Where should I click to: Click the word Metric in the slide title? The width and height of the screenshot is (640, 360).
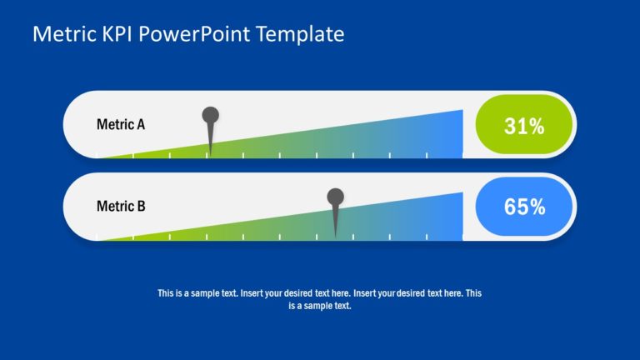pyautogui.click(x=64, y=34)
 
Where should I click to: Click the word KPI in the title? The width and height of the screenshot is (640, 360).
pyautogui.click(x=117, y=34)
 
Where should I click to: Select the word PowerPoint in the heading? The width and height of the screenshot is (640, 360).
pyautogui.click(x=194, y=34)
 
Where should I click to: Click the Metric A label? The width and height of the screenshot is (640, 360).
pyautogui.click(x=121, y=124)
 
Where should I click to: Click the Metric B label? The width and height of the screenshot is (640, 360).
pyautogui.click(x=121, y=206)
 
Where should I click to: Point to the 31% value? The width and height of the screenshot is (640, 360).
pyautogui.click(x=524, y=126)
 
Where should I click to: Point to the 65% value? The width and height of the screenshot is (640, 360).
pyautogui.click(x=524, y=207)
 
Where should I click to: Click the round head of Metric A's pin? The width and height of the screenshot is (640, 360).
pyautogui.click(x=211, y=116)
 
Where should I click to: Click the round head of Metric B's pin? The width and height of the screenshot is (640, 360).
pyautogui.click(x=336, y=197)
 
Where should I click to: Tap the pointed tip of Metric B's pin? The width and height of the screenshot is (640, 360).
pyautogui.click(x=336, y=237)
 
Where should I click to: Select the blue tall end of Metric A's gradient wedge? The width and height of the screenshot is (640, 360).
pyautogui.click(x=457, y=135)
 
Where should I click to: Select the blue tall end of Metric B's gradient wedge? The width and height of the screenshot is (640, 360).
pyautogui.click(x=457, y=217)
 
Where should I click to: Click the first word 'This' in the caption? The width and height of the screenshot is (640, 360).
pyautogui.click(x=166, y=293)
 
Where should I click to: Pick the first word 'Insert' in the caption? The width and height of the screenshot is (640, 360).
pyautogui.click(x=252, y=293)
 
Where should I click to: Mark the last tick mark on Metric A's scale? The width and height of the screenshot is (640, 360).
pyautogui.click(x=427, y=156)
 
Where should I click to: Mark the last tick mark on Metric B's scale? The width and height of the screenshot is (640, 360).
pyautogui.click(x=427, y=237)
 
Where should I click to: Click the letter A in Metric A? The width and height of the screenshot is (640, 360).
pyautogui.click(x=141, y=124)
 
